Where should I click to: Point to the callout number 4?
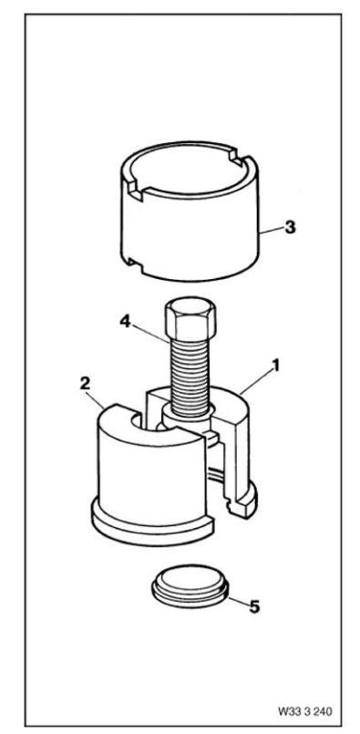click(x=123, y=321)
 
